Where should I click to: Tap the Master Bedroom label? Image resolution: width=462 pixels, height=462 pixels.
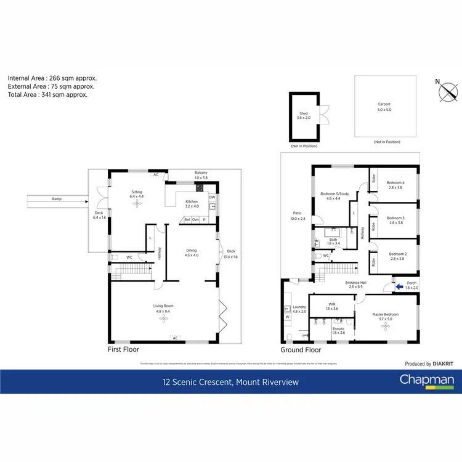(385, 315)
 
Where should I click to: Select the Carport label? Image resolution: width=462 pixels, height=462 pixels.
(384, 105)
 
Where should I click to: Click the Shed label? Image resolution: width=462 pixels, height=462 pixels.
(304, 113)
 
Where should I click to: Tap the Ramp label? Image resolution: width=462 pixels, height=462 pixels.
(57, 199)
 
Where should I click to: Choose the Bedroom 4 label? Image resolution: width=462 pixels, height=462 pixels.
(395, 182)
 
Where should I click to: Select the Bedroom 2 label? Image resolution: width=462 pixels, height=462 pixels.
(398, 254)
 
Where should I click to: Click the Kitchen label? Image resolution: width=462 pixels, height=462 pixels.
(192, 201)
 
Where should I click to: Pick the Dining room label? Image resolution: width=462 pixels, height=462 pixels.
(192, 250)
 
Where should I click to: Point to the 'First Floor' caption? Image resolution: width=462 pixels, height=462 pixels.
(123, 349)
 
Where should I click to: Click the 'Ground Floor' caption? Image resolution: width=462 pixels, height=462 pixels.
(301, 349)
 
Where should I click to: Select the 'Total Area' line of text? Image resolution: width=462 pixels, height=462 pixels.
(47, 95)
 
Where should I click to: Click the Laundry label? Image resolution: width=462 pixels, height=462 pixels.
(299, 307)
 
